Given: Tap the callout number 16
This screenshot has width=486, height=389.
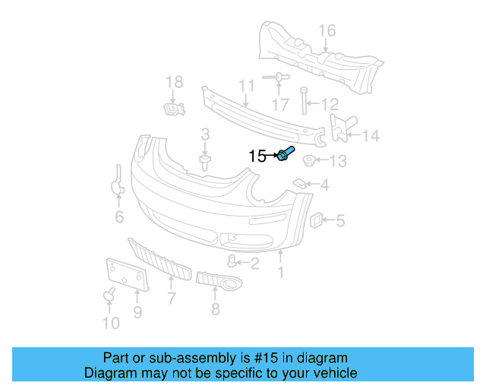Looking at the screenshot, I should click(327, 30).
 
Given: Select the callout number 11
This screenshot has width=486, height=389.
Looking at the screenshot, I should click(246, 85).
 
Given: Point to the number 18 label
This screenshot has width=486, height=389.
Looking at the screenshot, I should click(174, 81).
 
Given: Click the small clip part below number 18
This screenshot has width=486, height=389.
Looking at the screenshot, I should click(175, 109).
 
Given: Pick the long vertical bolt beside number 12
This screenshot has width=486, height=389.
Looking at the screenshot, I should click(304, 103).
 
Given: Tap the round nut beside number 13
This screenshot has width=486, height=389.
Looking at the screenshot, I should click(310, 161).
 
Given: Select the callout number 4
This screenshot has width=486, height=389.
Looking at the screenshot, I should click(324, 185).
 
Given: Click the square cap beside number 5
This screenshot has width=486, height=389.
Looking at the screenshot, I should click(313, 220).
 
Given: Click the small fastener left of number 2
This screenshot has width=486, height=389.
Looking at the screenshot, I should click(232, 262).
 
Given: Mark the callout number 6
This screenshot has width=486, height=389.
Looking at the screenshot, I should click(119, 218).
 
